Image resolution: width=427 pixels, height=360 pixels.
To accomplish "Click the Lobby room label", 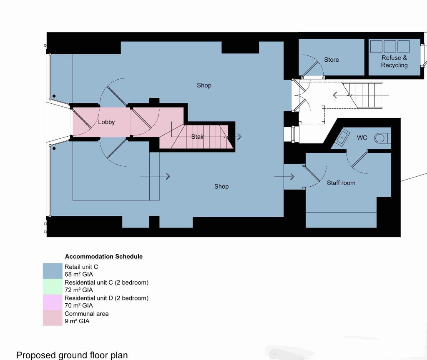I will pyautogui.click(x=106, y=122).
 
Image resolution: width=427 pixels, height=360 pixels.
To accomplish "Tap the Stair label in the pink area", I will pyautogui.click(x=198, y=137).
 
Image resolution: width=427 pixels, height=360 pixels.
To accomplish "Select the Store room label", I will pyautogui.click(x=332, y=60).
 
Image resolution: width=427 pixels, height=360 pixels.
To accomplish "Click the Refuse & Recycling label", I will pyautogui.click(x=394, y=61).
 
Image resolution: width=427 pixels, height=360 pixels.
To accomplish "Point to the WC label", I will pyautogui.click(x=362, y=137).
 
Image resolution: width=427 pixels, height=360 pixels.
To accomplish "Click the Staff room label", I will pyautogui.click(x=341, y=182).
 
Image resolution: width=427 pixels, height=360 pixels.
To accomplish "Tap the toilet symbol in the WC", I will pyautogui.click(x=382, y=138).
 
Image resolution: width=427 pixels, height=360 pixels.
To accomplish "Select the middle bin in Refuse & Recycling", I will pyautogui.click(x=390, y=46).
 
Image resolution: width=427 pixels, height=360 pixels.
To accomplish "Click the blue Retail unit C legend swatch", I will pyautogui.click(x=53, y=271).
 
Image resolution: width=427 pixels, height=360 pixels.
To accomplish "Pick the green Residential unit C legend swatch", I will pyautogui.click(x=53, y=286).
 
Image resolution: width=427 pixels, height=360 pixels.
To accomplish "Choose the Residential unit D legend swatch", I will pyautogui.click(x=53, y=302).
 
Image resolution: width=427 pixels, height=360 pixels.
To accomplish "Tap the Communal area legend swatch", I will pyautogui.click(x=53, y=317).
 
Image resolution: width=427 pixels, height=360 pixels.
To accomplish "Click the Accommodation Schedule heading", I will pyautogui.click(x=103, y=257).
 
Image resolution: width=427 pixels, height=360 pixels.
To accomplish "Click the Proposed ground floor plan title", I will pyautogui.click(x=72, y=355).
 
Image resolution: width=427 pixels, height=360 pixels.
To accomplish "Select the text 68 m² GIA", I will pyautogui.click(x=79, y=275).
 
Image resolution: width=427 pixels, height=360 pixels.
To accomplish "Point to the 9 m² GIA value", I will pyautogui.click(x=77, y=321).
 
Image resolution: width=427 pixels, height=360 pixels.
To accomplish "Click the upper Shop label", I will pyautogui.click(x=204, y=85).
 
